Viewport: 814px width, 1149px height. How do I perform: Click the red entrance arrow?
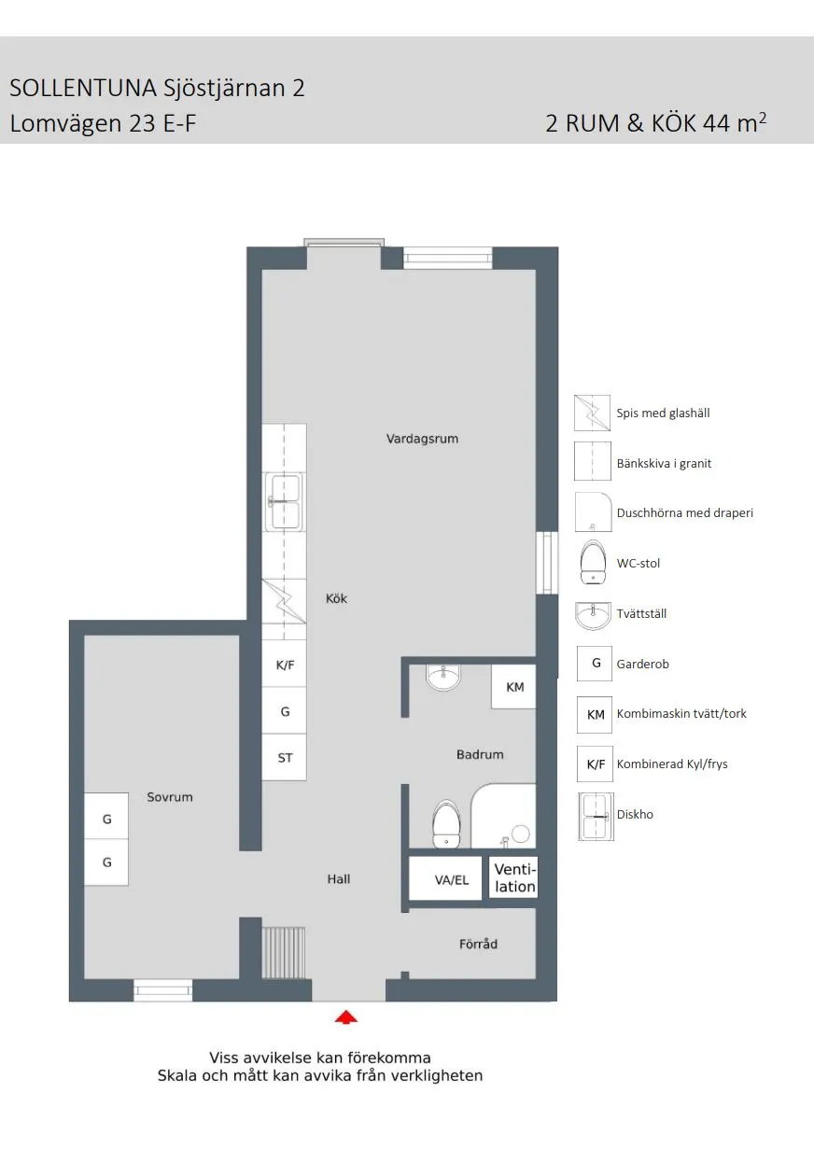(x=346, y=1017)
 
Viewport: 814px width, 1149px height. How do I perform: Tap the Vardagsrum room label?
(x=422, y=438)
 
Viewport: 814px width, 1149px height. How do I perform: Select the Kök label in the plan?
(x=336, y=598)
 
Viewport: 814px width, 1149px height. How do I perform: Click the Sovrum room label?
(x=169, y=797)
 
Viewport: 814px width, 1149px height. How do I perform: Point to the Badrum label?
(x=480, y=754)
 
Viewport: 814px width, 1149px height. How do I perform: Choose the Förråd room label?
(x=478, y=944)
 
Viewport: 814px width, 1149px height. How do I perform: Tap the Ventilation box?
(x=514, y=878)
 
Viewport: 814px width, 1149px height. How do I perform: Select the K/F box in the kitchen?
(x=285, y=666)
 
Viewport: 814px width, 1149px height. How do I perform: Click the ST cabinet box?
(x=285, y=758)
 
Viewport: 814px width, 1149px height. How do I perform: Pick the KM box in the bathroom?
(x=514, y=687)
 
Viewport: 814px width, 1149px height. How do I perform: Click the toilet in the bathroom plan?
(x=446, y=823)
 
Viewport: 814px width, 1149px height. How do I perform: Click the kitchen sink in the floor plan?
(x=285, y=502)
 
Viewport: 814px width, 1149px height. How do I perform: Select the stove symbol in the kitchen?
(x=284, y=602)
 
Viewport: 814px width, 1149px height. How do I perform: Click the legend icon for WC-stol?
(x=594, y=563)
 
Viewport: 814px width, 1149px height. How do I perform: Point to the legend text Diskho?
(x=635, y=814)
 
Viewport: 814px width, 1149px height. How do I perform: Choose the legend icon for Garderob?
(x=595, y=664)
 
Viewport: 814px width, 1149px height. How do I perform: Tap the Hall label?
(x=338, y=878)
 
